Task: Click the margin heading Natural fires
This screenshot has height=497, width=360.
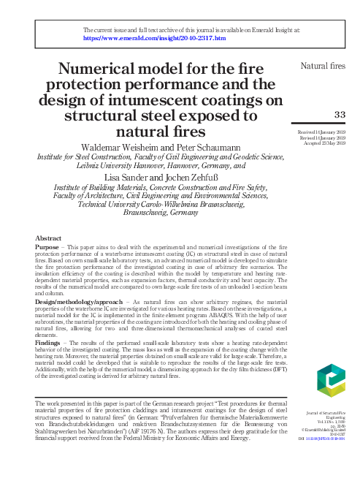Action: (x=323, y=67)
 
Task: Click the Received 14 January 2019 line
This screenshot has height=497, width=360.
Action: (x=323, y=132)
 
